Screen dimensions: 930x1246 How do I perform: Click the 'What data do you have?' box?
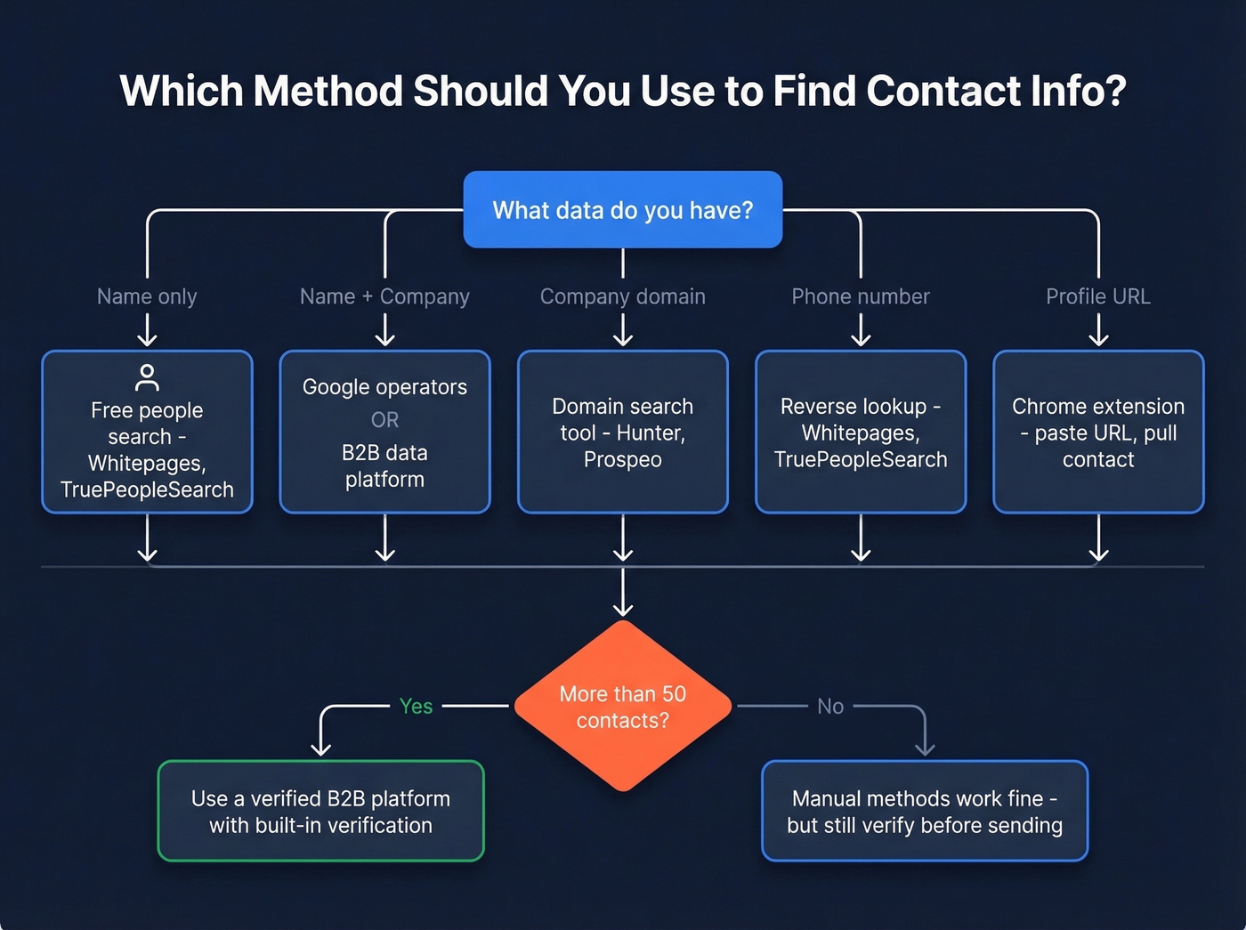(x=622, y=210)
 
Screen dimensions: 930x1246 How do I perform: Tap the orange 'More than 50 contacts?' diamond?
(x=622, y=707)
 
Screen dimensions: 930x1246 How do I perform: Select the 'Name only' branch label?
(x=147, y=296)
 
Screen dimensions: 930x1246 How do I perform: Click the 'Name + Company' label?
(x=384, y=296)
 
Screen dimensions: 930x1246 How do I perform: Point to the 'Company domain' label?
(x=622, y=296)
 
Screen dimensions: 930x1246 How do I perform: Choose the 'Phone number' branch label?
(x=860, y=296)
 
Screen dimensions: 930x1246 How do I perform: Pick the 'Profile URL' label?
(x=1097, y=296)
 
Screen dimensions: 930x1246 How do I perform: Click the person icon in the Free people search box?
(x=147, y=377)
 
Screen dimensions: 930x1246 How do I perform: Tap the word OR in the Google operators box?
(x=384, y=419)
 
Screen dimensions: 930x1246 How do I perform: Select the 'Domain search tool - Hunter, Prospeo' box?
(x=622, y=433)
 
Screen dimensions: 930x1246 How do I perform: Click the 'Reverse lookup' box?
(x=860, y=433)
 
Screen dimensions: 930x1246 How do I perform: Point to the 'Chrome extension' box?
(x=1097, y=433)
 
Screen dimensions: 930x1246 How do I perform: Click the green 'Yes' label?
(x=416, y=707)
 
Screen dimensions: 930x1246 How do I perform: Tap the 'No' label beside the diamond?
(x=829, y=707)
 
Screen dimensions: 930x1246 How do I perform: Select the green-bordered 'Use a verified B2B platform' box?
(x=320, y=811)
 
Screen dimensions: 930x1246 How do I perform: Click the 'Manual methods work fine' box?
(x=924, y=811)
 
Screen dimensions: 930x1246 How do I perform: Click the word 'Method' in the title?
(x=328, y=91)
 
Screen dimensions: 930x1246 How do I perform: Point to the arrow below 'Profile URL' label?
(x=1098, y=331)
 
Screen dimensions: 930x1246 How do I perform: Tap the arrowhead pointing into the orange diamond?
(x=623, y=608)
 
